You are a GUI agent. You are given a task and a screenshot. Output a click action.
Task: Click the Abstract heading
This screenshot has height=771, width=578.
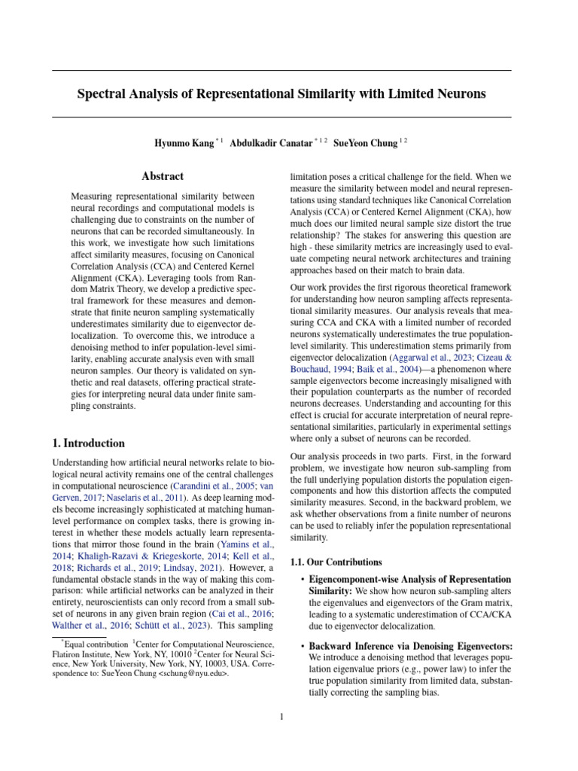pyautogui.click(x=163, y=176)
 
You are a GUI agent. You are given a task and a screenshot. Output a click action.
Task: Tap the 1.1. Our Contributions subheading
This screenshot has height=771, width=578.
pyautogui.click(x=336, y=562)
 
